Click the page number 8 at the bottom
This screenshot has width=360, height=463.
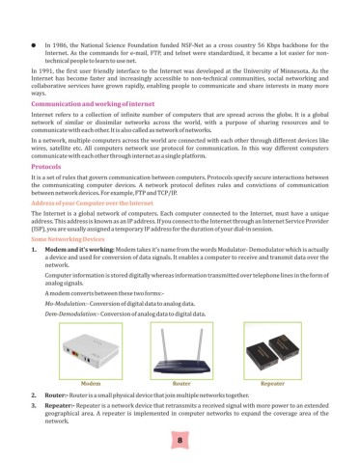(x=180, y=440)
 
